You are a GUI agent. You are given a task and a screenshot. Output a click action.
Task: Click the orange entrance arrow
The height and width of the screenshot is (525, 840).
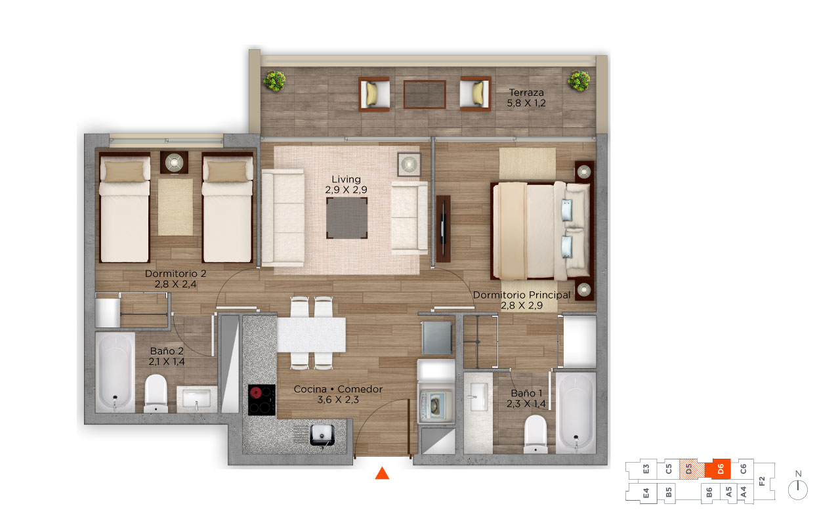coord(382,473)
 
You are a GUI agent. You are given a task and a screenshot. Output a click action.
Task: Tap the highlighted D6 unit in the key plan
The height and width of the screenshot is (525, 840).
coord(718,469)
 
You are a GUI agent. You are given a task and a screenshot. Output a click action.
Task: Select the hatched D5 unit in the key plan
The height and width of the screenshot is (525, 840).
coord(692,469)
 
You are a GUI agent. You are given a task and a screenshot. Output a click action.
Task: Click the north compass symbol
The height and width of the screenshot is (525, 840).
coord(797,487)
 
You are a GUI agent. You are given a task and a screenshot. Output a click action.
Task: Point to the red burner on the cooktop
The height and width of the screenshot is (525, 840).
coord(256,393)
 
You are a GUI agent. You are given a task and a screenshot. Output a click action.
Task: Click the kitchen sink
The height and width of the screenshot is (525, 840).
coord(322,435)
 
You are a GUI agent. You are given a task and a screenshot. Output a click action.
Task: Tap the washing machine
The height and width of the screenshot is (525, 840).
coord(436,406)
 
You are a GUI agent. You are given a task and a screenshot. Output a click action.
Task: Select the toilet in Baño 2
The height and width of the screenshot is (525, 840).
coord(156,394)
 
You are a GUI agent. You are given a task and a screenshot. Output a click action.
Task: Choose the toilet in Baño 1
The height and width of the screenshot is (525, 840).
coord(535,434)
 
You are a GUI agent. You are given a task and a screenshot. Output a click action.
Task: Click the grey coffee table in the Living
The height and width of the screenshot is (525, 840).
coord(346,218)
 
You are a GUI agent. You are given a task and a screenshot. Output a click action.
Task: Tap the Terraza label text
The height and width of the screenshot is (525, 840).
coord(526,93)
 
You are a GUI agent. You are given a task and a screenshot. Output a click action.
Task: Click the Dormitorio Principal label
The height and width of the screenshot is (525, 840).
coord(522,295)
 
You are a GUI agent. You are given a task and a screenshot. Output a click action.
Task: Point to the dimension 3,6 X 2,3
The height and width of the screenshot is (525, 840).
coord(338,400)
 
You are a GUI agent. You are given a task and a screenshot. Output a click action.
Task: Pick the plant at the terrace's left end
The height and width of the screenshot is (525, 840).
coord(274,80)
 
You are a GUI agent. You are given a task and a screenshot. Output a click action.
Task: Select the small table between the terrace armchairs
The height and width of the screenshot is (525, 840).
coord(425,94)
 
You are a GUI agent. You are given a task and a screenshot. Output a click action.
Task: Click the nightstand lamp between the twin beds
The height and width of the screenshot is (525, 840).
coord(175,162)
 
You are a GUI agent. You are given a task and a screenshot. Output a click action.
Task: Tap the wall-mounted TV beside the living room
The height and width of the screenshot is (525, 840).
coord(443,229)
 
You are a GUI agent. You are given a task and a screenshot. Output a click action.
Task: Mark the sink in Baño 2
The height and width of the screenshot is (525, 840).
coord(196,398)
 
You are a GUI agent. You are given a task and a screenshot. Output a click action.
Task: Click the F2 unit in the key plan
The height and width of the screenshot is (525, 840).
coord(763,481)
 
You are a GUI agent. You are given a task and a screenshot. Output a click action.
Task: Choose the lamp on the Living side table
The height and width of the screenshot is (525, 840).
coord(409,164)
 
